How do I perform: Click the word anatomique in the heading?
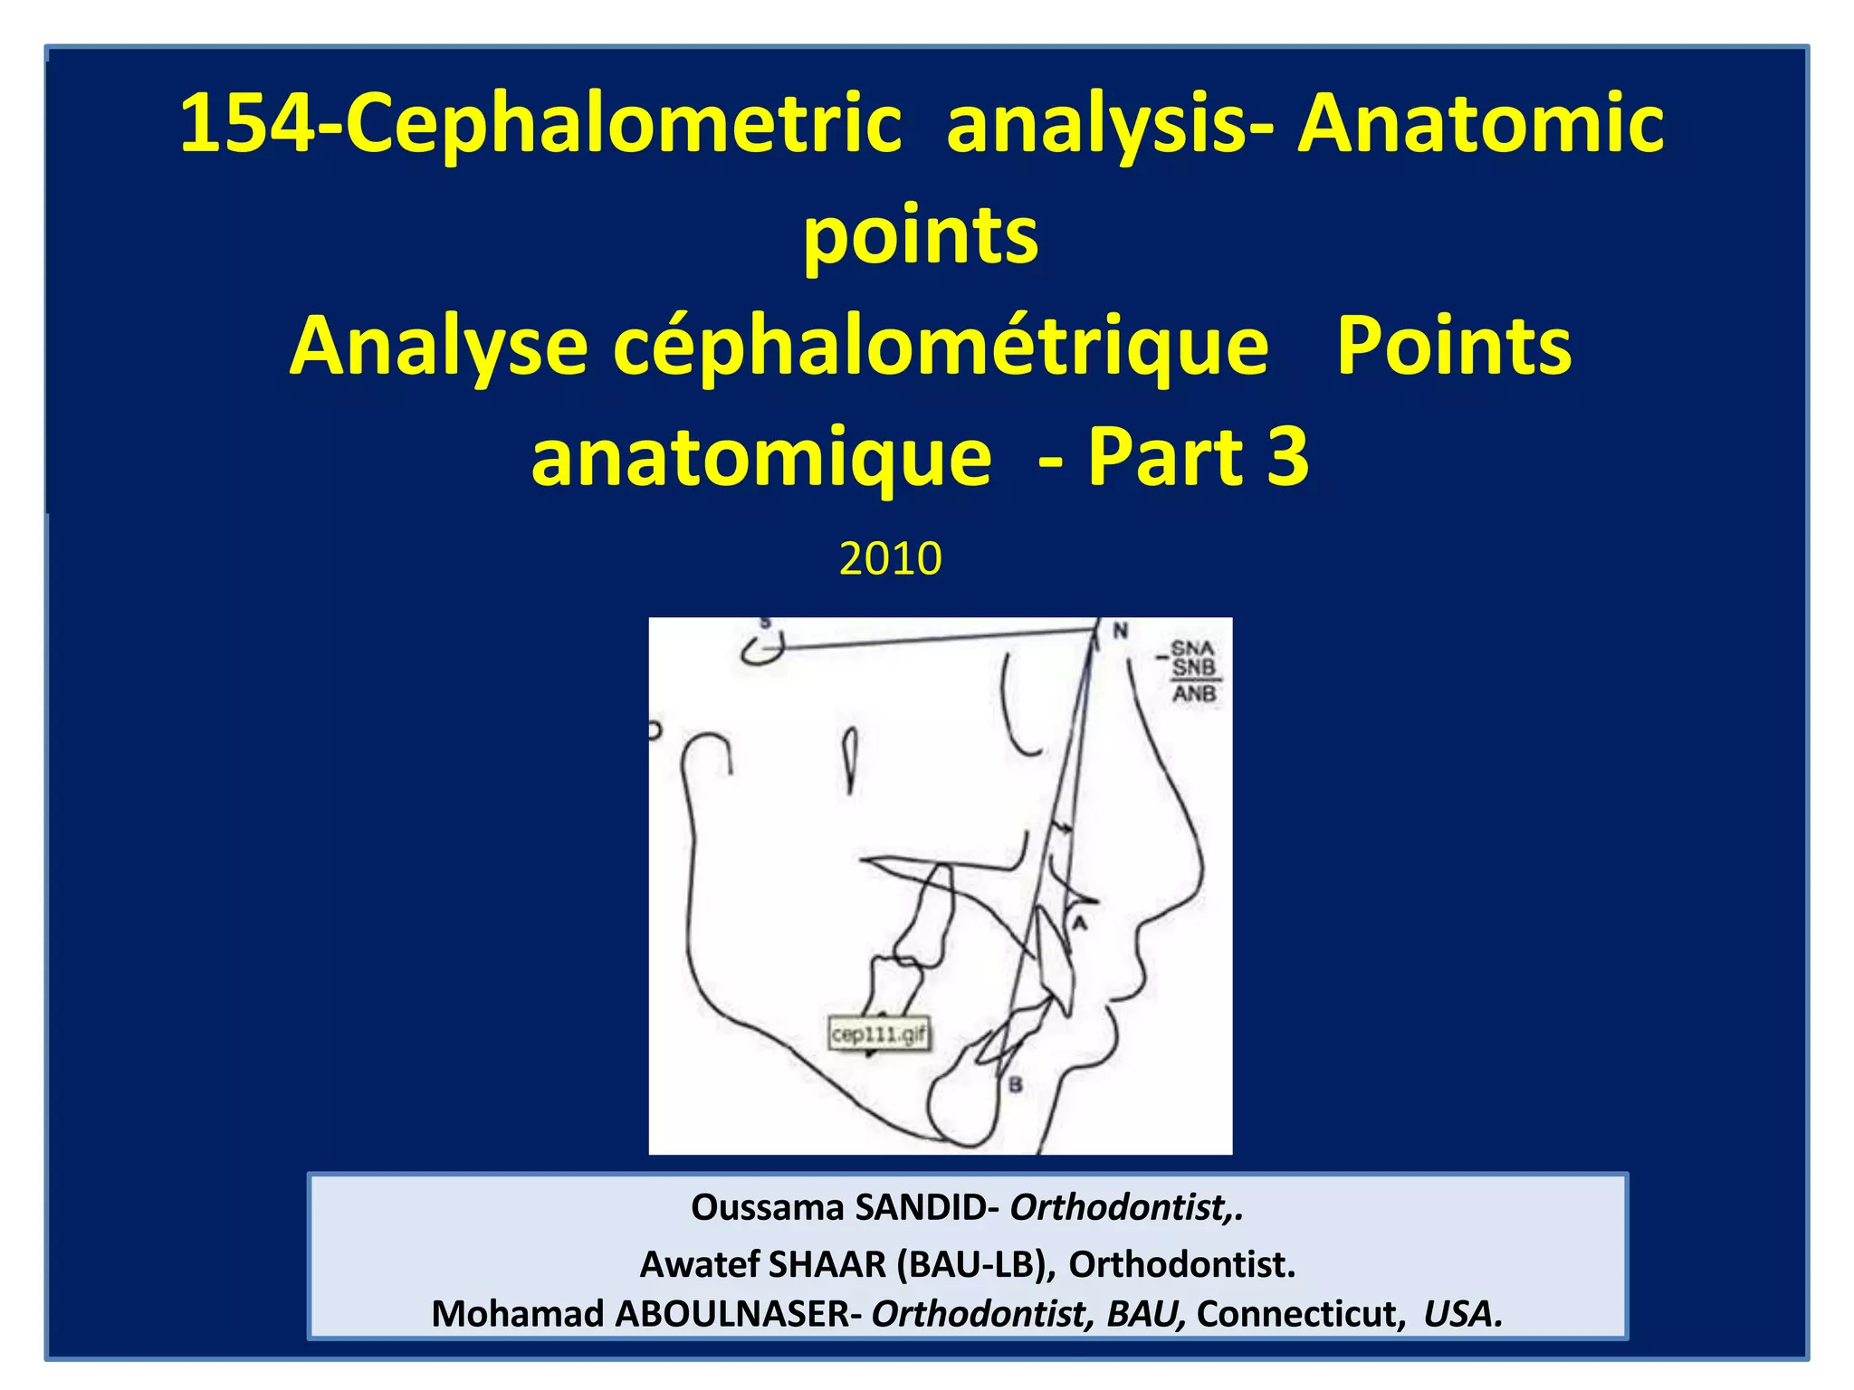click(x=760, y=458)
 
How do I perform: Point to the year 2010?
click(x=890, y=558)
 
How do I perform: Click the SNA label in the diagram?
click(x=1192, y=649)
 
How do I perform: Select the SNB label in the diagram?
click(x=1193, y=668)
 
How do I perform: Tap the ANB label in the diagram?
click(x=1194, y=694)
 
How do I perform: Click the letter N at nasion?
click(x=1120, y=631)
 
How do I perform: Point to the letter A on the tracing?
click(x=1079, y=923)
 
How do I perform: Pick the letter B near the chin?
click(x=1016, y=1084)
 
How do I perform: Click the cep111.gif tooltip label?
click(x=879, y=1034)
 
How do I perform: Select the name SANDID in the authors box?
click(x=921, y=1208)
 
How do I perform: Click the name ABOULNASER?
click(x=733, y=1314)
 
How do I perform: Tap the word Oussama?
click(x=767, y=1208)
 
